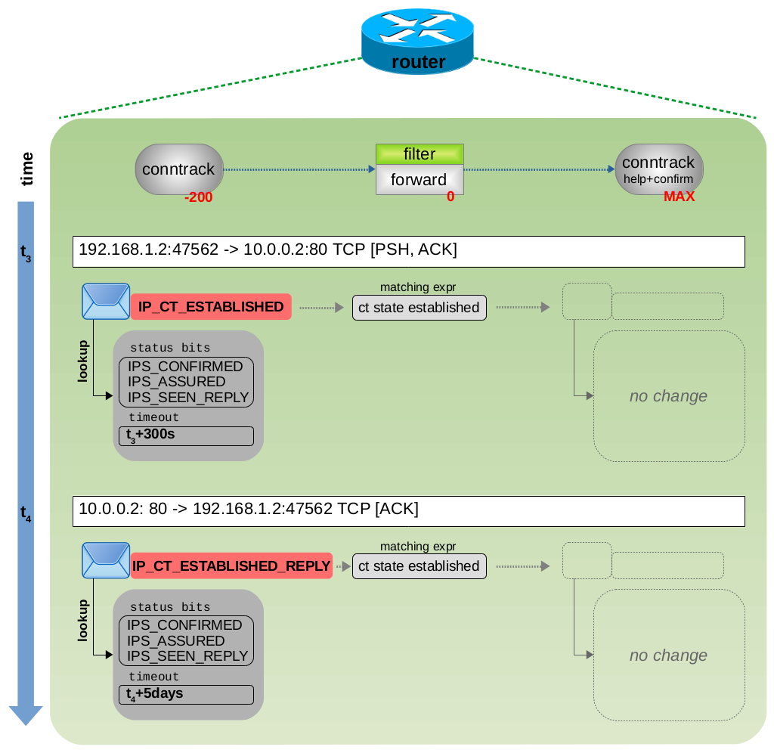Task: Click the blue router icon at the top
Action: click(418, 42)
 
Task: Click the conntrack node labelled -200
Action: click(179, 169)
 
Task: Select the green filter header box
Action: click(420, 154)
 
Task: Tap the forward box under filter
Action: click(420, 180)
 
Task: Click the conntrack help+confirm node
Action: click(658, 169)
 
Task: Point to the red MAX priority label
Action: click(679, 197)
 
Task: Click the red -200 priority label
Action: click(199, 197)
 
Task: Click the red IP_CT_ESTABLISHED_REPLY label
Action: click(231, 566)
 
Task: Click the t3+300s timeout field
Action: click(186, 435)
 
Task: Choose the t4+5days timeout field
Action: click(186, 694)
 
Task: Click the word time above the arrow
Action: click(27, 169)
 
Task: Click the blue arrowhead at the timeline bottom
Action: click(26, 714)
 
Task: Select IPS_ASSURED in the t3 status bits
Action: click(177, 382)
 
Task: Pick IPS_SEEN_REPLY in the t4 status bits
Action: click(187, 656)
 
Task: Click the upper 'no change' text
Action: click(668, 396)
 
